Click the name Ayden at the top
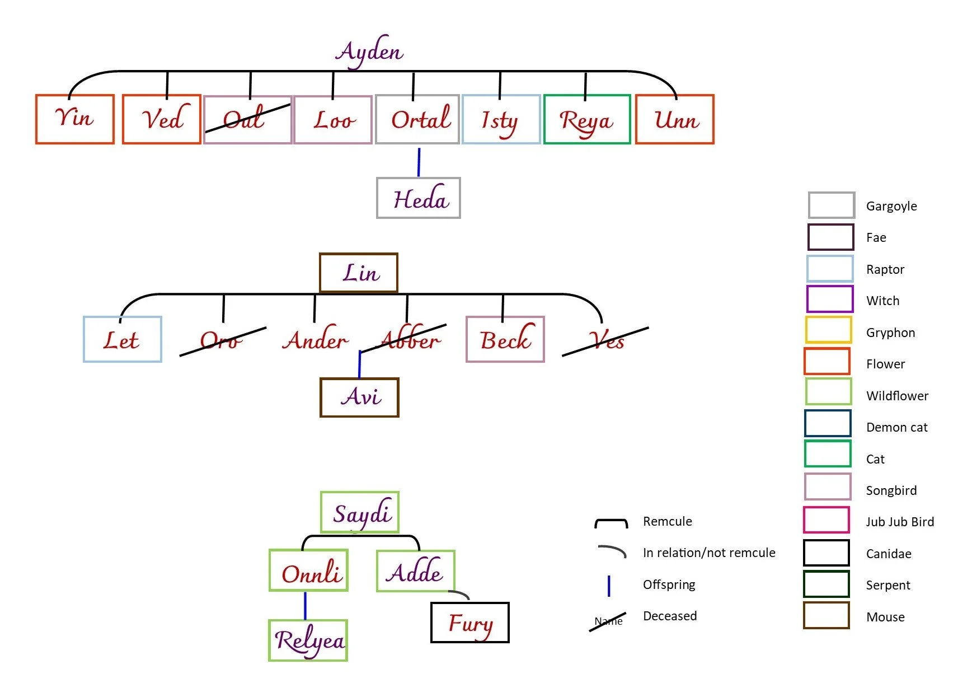point(369,52)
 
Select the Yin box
point(75,119)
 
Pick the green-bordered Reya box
point(586,119)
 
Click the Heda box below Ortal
point(419,198)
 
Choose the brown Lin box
point(359,273)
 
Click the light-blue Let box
point(123,339)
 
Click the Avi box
point(359,397)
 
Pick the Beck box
point(505,339)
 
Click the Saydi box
point(360,512)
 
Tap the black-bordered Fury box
point(470,623)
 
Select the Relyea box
point(308,640)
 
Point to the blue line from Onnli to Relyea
point(305,605)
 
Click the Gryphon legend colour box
point(828,330)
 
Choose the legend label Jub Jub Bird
point(900,522)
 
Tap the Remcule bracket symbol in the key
point(611,523)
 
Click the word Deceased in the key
point(670,616)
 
